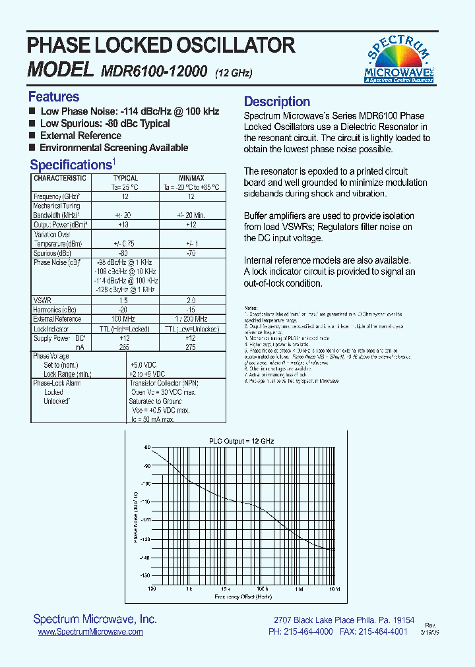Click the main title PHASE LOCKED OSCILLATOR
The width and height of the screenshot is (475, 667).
click(161, 45)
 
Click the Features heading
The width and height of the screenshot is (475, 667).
click(53, 97)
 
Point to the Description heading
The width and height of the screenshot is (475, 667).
click(277, 101)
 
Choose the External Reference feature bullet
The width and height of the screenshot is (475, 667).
click(80, 136)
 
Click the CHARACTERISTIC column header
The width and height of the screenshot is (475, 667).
click(60, 178)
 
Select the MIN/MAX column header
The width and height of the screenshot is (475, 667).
click(191, 178)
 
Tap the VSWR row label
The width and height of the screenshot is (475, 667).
click(42, 300)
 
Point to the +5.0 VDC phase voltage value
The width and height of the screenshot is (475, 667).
click(143, 364)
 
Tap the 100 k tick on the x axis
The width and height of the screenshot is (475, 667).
click(262, 589)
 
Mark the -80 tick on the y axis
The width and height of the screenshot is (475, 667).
click(146, 447)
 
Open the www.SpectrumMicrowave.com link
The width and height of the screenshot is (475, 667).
click(90, 631)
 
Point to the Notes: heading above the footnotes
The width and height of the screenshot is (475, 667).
click(251, 308)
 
